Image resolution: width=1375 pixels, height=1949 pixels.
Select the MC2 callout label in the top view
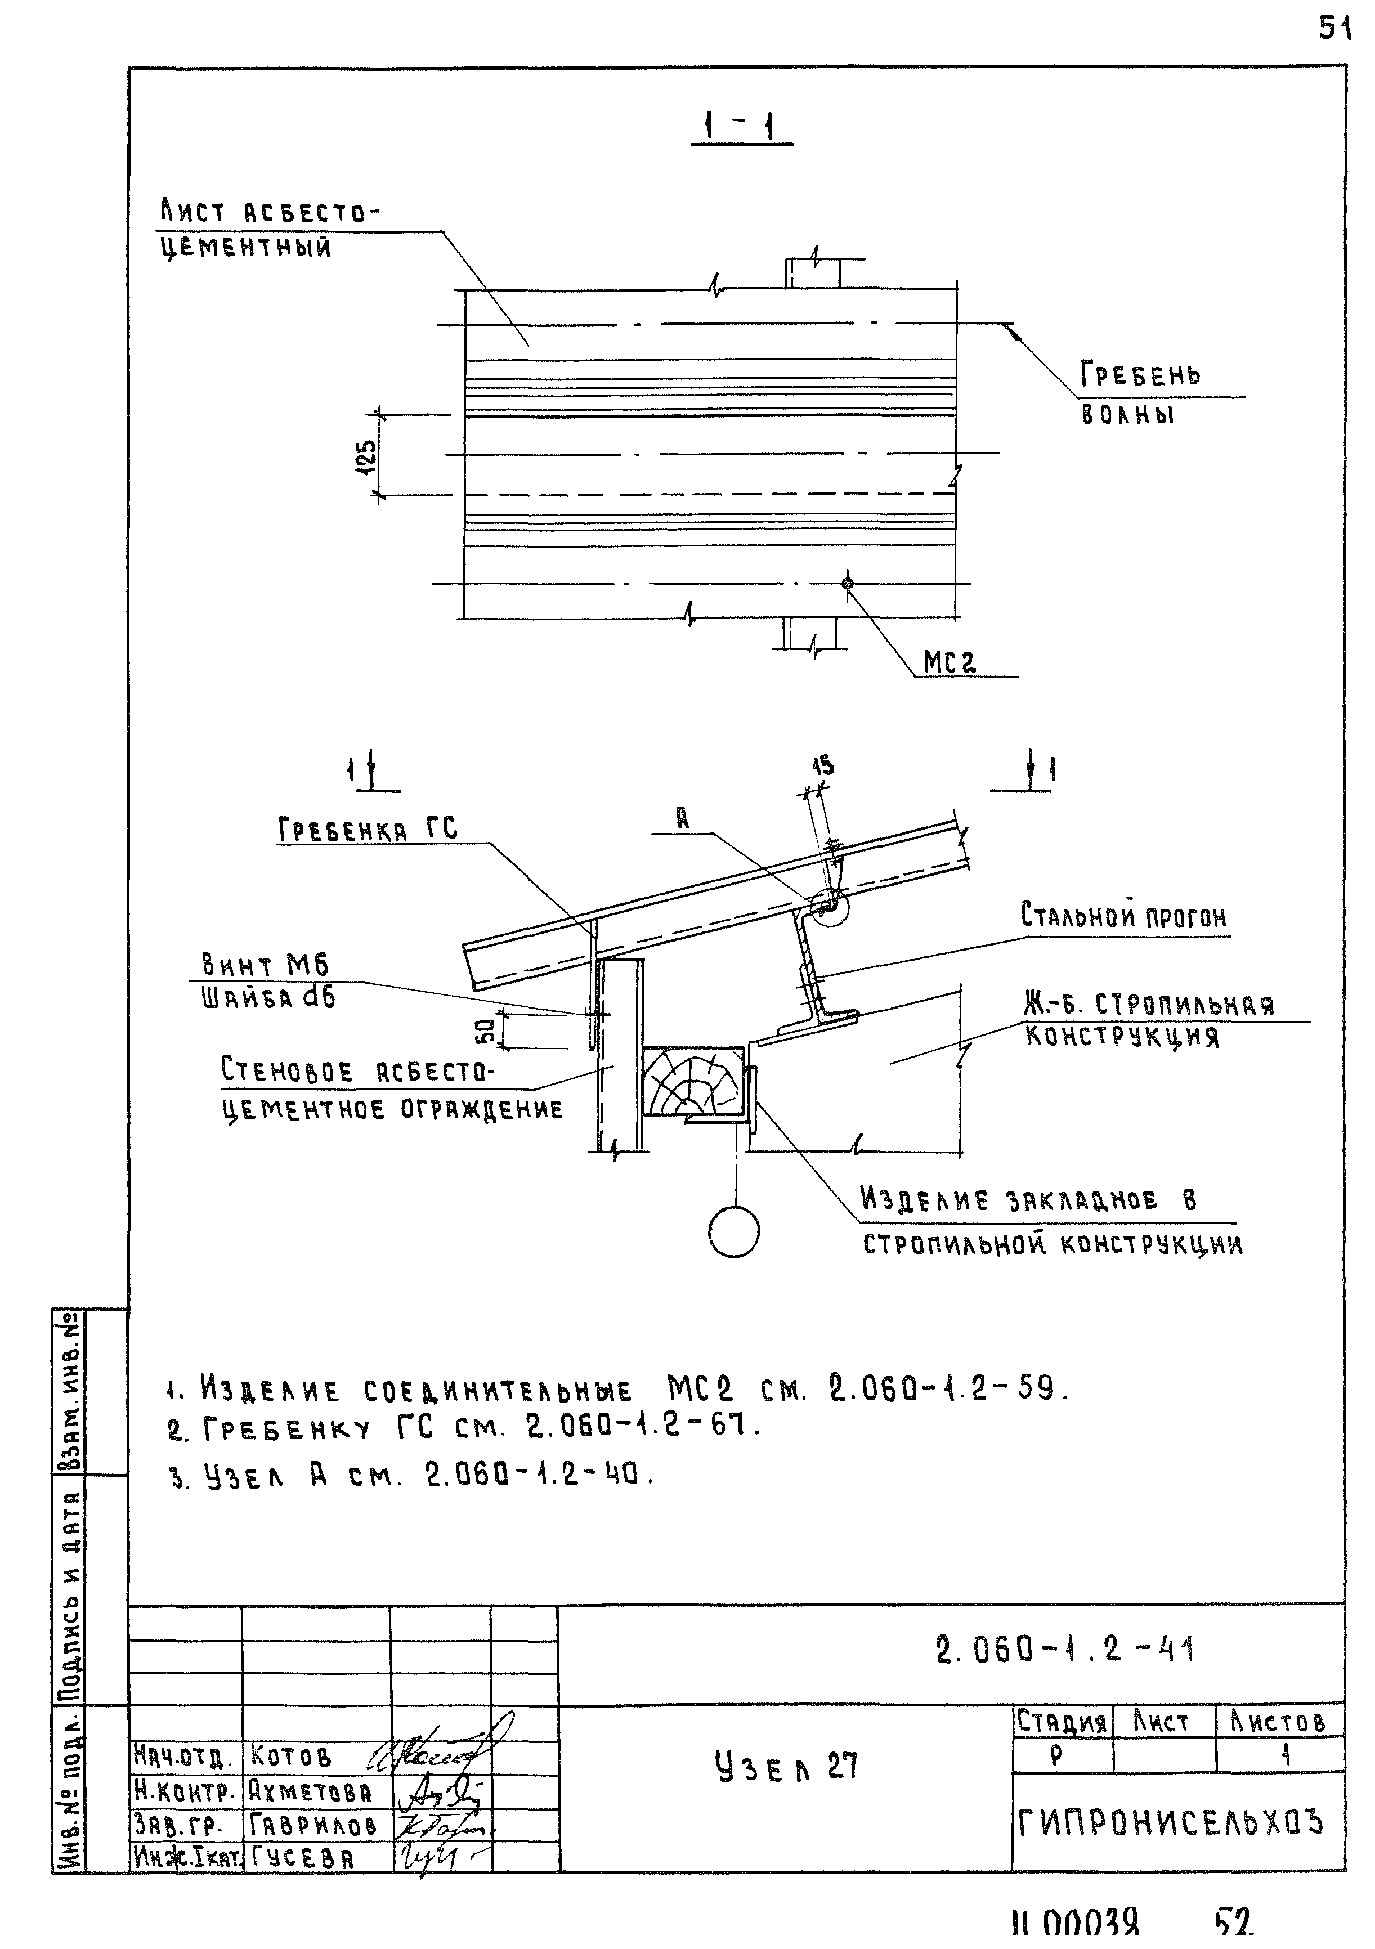click(949, 662)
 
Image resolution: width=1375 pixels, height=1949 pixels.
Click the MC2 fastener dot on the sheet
click(847, 583)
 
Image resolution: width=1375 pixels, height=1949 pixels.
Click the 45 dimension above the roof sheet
click(822, 765)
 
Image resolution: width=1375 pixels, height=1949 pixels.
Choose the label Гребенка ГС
click(368, 828)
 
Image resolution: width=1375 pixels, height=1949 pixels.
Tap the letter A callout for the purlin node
click(682, 818)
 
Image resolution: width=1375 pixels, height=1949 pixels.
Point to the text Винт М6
click(265, 964)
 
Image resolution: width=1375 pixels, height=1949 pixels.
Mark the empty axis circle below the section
click(734, 1232)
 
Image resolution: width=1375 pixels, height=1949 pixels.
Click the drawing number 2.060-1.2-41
click(1065, 1650)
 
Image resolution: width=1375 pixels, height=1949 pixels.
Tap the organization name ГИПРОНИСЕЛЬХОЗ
click(1171, 1822)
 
